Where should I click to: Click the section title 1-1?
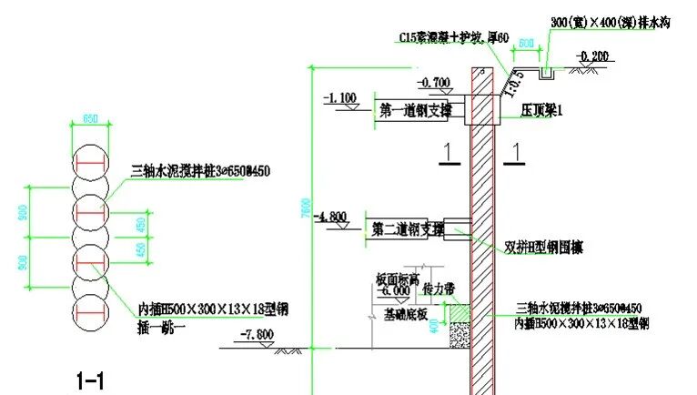pos(90,379)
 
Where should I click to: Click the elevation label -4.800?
pos(330,217)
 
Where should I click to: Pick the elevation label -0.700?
pos(435,83)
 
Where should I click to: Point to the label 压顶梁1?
pos(542,110)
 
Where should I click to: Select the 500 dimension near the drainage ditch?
pos(526,42)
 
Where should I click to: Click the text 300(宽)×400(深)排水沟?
pos(611,21)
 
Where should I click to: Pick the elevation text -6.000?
pos(395,292)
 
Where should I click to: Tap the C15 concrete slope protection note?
pos(440,37)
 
